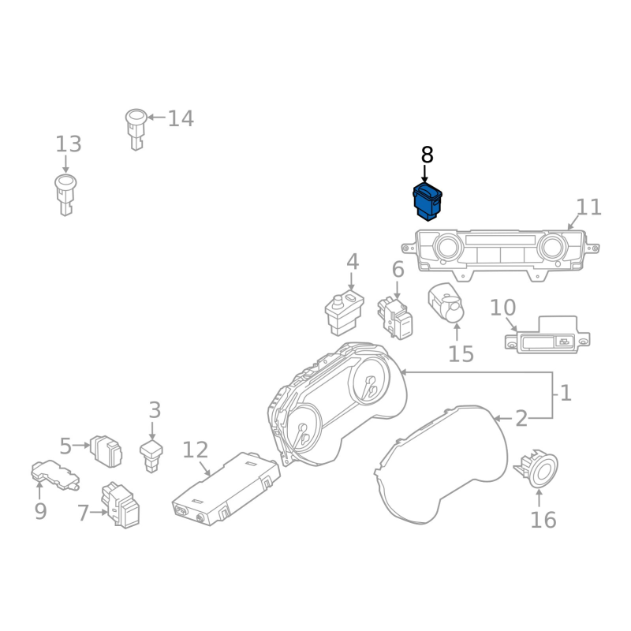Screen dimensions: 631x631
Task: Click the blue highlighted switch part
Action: [x=428, y=201]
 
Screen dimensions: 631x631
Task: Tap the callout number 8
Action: [x=427, y=155]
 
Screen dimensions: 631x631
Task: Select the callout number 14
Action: [x=181, y=118]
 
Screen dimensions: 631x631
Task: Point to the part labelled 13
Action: [x=65, y=195]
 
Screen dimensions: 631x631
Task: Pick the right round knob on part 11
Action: [x=553, y=246]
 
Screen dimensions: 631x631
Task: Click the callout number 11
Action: [x=588, y=207]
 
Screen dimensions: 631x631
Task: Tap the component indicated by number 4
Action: [x=345, y=312]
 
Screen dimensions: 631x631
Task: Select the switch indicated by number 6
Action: [x=395, y=318]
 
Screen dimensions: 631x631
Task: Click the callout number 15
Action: [x=461, y=353]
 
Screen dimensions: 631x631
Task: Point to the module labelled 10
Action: [x=547, y=334]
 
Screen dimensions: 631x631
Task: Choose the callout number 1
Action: [x=566, y=392]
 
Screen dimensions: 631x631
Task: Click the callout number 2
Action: [x=521, y=419]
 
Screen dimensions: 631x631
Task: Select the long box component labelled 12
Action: [x=226, y=488]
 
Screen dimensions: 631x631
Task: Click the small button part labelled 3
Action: [x=151, y=456]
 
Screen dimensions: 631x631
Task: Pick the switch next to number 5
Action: [x=106, y=451]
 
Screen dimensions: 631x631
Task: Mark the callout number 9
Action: [x=40, y=511]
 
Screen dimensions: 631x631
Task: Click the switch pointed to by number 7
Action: [x=121, y=505]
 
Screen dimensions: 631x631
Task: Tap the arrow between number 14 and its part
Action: [x=156, y=118]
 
